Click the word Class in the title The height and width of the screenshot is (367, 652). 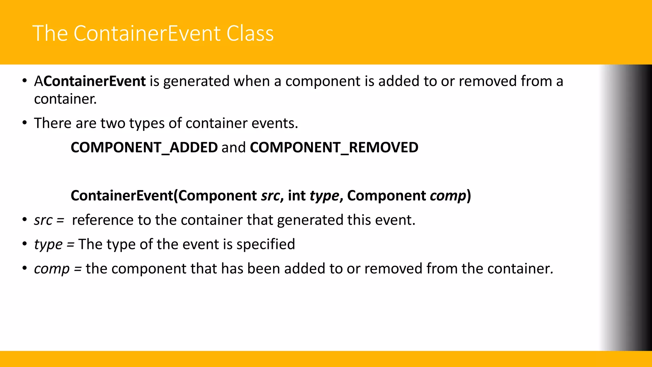(250, 33)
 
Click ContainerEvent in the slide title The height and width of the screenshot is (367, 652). (147, 33)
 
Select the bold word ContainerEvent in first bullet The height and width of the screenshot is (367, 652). (95, 81)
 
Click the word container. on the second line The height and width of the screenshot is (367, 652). (65, 99)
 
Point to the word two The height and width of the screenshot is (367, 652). (113, 123)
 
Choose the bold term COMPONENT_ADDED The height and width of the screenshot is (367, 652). (144, 148)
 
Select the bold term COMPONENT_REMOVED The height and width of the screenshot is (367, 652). (334, 148)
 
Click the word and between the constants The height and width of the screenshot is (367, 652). (234, 148)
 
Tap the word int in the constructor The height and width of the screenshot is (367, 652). (297, 196)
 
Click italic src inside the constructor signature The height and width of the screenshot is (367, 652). (270, 196)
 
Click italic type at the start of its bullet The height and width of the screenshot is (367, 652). (48, 245)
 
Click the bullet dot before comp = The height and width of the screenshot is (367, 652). (25, 269)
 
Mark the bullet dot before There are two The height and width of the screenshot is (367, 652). (25, 123)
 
